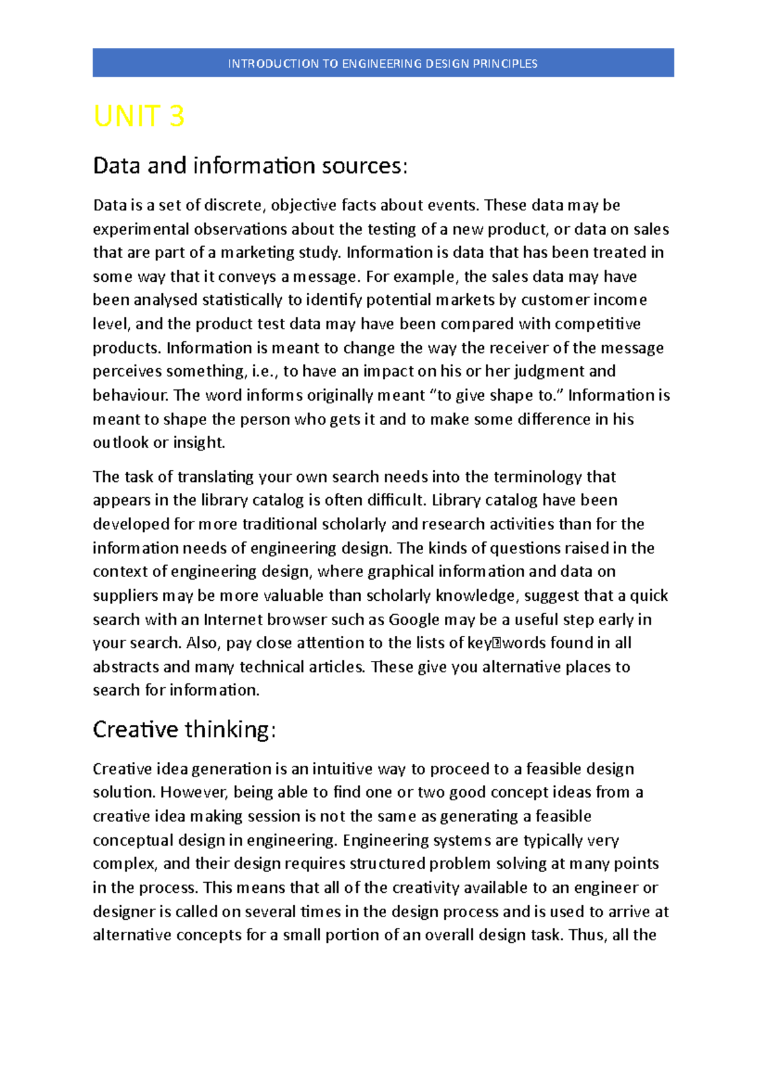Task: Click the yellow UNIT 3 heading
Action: [139, 117]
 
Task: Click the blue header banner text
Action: [382, 63]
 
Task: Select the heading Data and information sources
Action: [250, 166]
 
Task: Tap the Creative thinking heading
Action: [184, 729]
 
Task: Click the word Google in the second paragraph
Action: [414, 619]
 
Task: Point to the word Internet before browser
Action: [233, 619]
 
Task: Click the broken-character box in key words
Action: [497, 644]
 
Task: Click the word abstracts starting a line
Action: [125, 667]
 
